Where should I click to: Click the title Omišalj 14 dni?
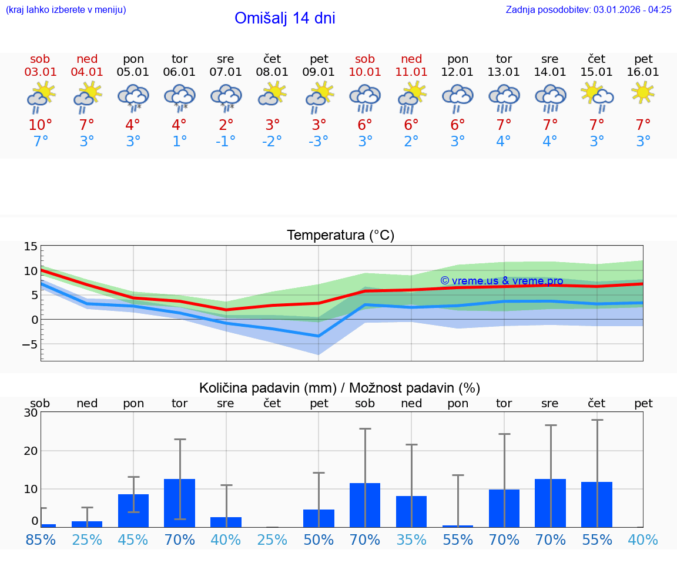[284, 18]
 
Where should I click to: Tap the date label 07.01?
[226, 72]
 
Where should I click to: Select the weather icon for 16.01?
[643, 93]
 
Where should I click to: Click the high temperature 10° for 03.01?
[40, 125]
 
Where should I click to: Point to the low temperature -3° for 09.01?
[319, 142]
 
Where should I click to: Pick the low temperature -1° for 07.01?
[226, 142]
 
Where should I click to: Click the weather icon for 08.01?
[272, 94]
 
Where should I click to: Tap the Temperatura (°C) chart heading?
[340, 236]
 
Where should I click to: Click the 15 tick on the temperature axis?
[31, 247]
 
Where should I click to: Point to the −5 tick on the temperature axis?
[28, 344]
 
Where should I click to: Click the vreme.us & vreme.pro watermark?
[501, 281]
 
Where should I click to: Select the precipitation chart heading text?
[340, 388]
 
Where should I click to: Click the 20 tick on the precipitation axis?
[31, 451]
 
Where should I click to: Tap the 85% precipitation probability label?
[41, 540]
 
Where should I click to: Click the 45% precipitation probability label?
[133, 540]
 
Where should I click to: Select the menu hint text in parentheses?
[66, 9]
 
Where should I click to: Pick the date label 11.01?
[411, 72]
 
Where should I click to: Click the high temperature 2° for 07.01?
[226, 125]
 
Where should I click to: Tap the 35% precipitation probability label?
[411, 540]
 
